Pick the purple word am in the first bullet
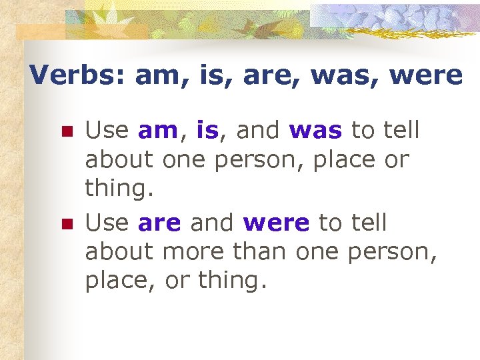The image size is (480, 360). (157, 131)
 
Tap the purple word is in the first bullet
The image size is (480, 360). (207, 130)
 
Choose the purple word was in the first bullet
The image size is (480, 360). (316, 131)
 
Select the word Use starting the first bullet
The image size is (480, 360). (108, 130)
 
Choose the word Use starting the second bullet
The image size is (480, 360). (108, 223)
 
